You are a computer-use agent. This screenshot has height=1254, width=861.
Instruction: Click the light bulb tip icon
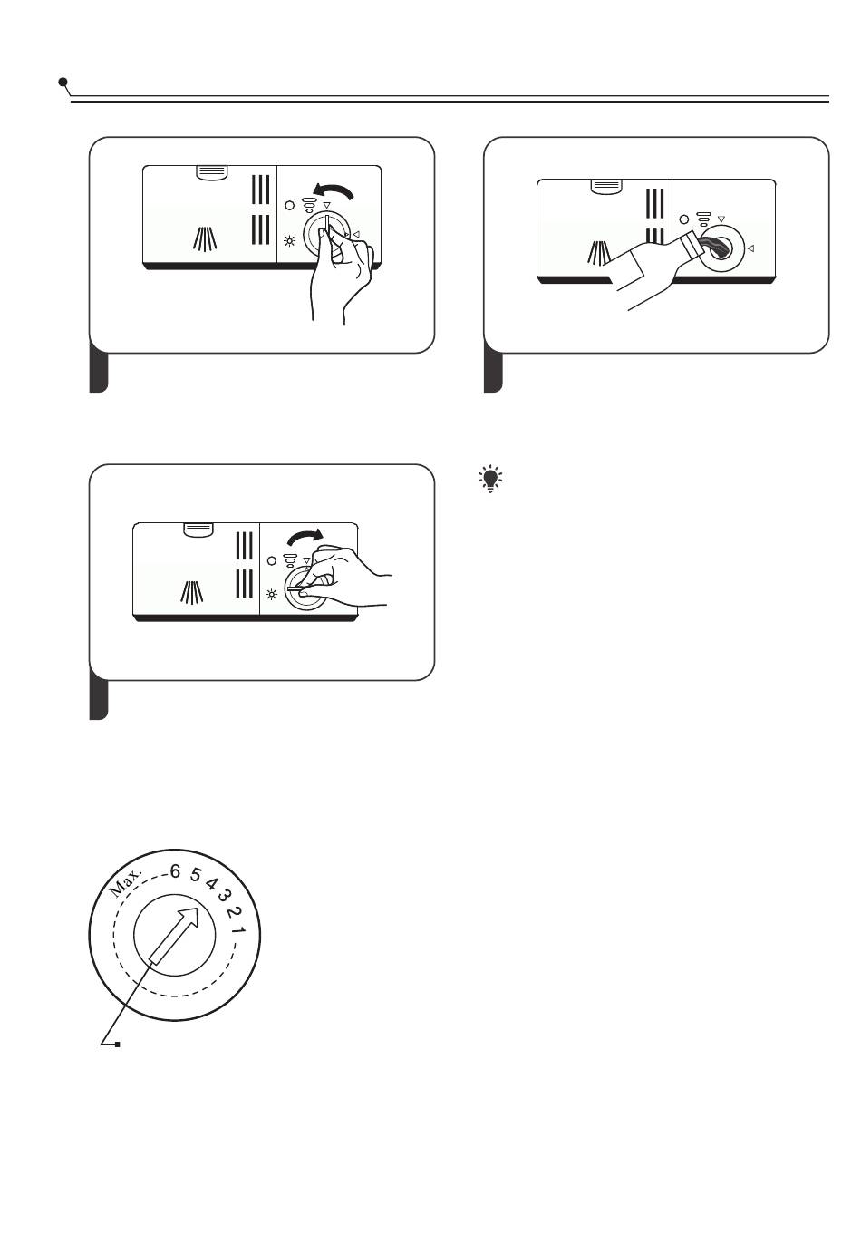(x=490, y=479)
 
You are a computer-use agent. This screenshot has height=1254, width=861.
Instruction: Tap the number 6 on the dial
(x=175, y=871)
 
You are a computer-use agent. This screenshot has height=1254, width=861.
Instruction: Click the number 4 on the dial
(x=211, y=884)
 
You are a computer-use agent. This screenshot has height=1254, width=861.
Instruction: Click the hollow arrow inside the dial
(x=175, y=935)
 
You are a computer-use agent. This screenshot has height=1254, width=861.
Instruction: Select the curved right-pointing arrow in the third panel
(x=305, y=536)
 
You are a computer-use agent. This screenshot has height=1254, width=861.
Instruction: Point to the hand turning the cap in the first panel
(x=340, y=275)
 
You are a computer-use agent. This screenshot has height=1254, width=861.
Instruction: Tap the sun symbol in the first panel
(x=289, y=242)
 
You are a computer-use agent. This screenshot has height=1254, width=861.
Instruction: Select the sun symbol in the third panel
(x=272, y=595)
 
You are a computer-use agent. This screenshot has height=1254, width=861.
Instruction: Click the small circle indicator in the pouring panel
(x=683, y=219)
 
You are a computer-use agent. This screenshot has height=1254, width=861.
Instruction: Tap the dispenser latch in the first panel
(x=212, y=172)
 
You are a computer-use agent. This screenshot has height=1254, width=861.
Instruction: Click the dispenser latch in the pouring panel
(x=607, y=186)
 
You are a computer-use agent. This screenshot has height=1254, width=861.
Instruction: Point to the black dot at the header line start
(x=63, y=83)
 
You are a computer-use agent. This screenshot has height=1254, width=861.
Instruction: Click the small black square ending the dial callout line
(x=118, y=1044)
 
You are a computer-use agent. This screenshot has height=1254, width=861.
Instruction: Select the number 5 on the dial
(x=194, y=874)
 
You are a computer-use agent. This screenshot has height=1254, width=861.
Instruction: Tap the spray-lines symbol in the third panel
(x=192, y=592)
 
